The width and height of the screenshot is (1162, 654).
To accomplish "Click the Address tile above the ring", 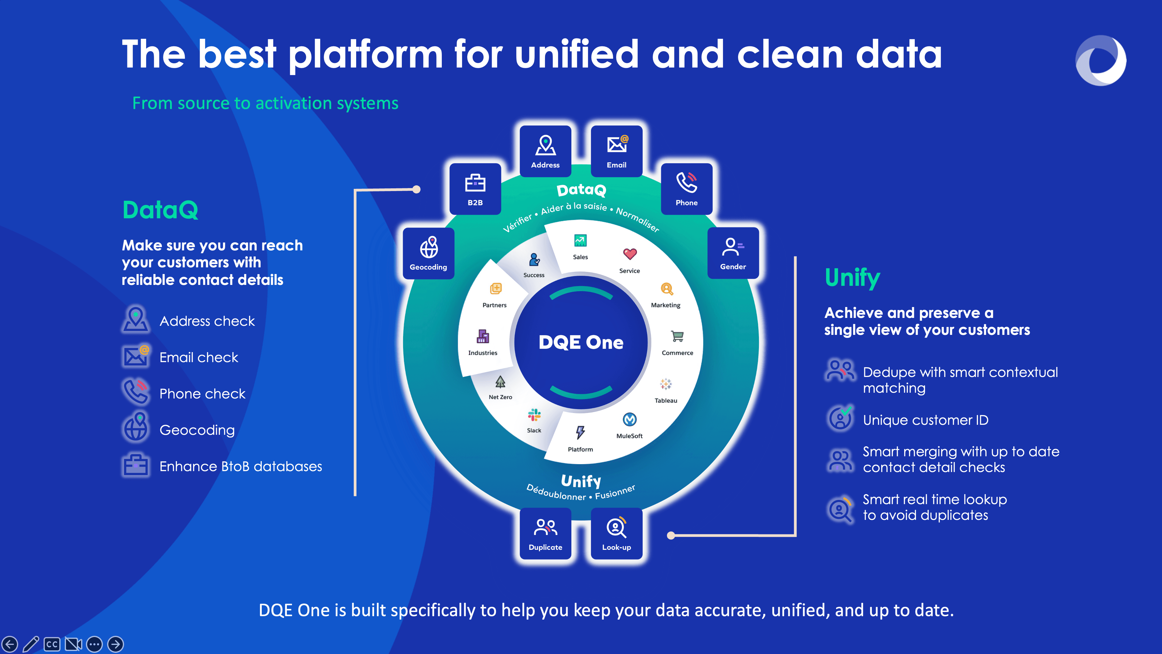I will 545,151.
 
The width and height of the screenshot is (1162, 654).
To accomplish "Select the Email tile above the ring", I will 617,151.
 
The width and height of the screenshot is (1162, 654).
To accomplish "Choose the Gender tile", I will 733,253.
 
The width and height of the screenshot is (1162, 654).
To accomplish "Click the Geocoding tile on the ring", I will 428,253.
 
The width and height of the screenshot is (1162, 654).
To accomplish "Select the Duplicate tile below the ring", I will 545,533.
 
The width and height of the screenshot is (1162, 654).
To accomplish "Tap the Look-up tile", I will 617,533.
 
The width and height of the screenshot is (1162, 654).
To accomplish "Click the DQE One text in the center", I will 581,342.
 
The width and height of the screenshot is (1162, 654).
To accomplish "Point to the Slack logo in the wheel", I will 534,415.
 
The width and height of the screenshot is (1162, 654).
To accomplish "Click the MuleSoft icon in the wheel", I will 630,420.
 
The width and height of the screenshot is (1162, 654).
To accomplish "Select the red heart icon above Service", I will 630,254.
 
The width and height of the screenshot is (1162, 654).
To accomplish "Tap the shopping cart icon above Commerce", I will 677,336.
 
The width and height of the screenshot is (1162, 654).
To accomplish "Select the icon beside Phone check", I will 135,392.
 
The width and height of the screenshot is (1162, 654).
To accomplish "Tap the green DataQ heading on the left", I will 160,210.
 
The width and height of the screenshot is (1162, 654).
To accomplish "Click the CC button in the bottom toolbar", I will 52,644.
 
